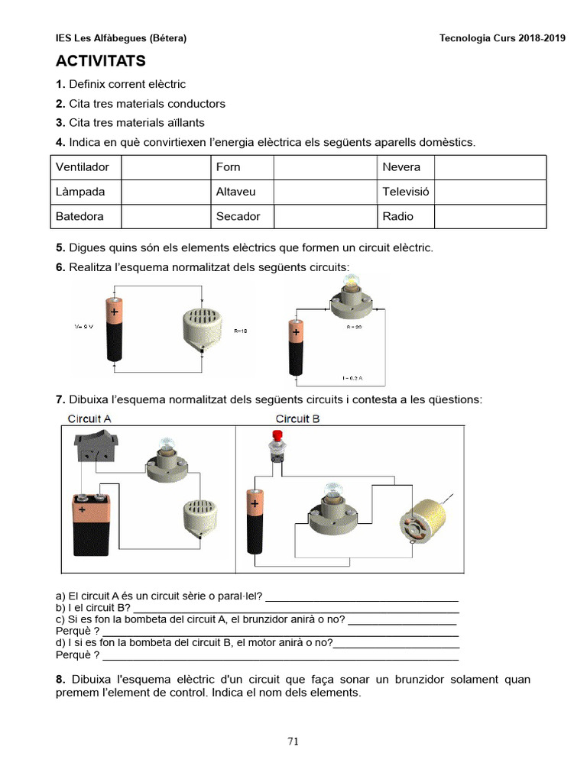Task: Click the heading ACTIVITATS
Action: (x=100, y=61)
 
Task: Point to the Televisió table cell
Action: (x=405, y=192)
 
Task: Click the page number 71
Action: (x=293, y=740)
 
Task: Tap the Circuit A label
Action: (x=89, y=418)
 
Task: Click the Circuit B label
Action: (x=297, y=418)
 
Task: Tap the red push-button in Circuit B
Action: (x=277, y=447)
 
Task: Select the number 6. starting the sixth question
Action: (x=60, y=267)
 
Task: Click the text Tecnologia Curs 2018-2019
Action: (x=502, y=38)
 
